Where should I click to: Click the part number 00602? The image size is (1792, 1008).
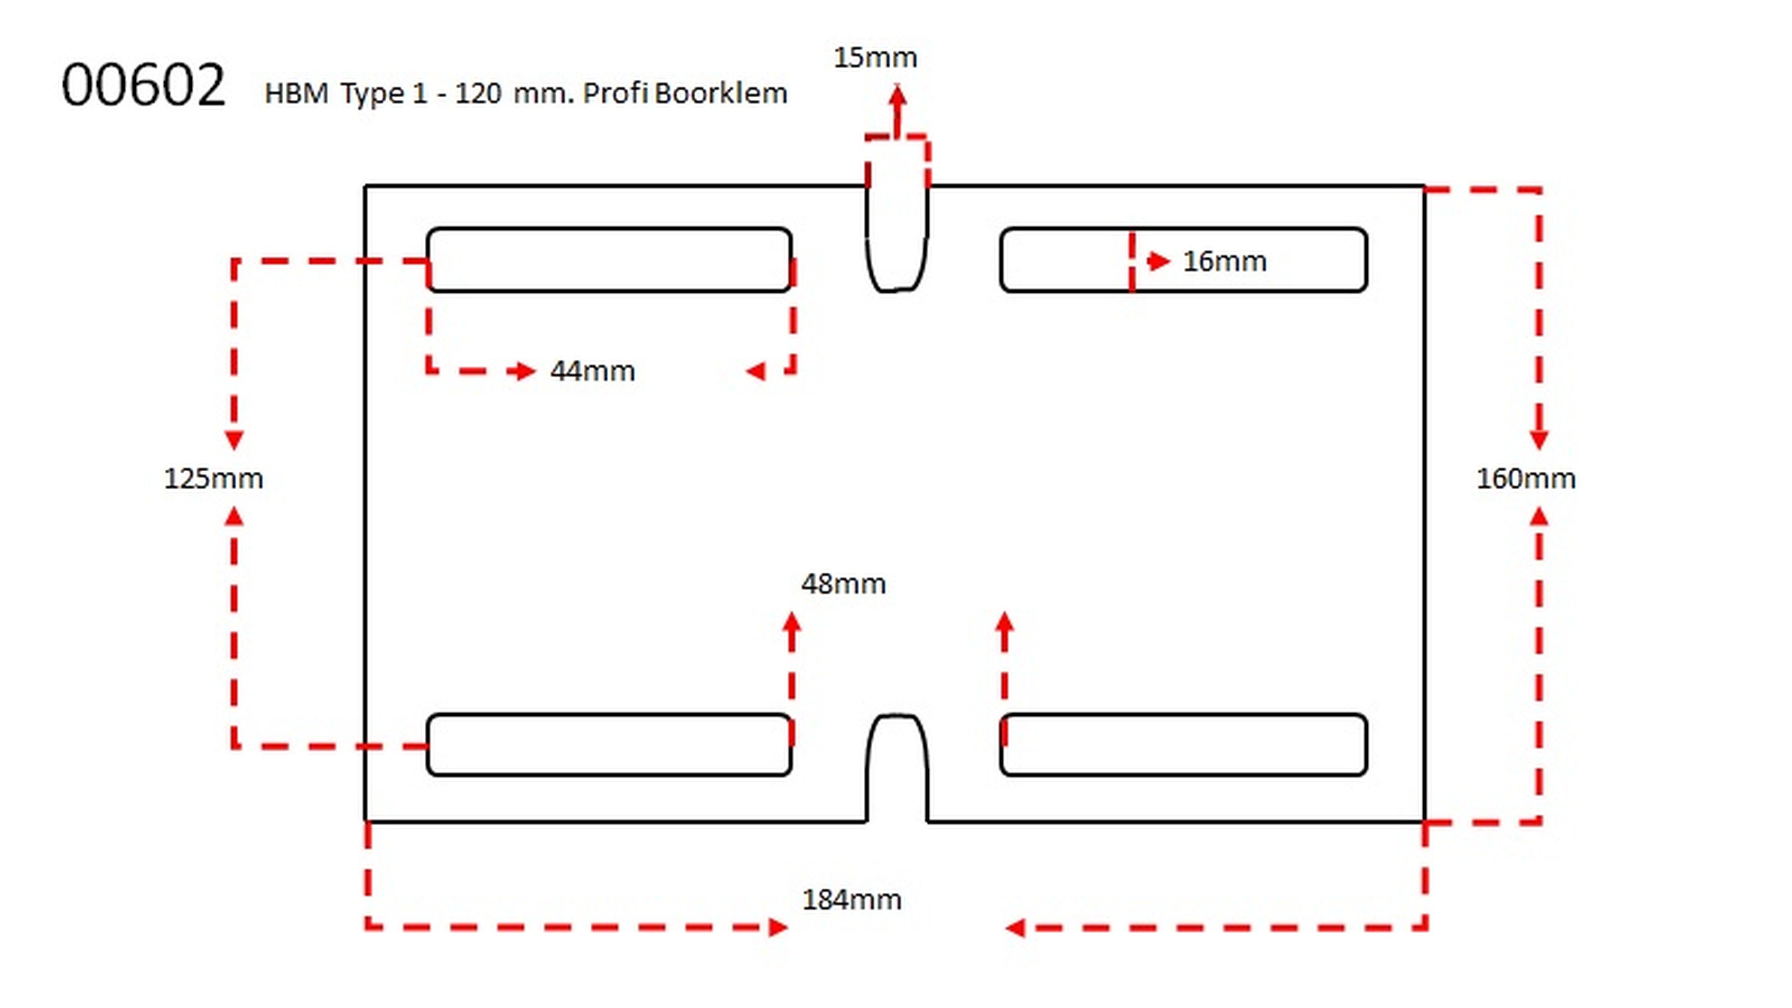click(143, 85)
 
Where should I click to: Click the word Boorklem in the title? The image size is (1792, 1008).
click(721, 93)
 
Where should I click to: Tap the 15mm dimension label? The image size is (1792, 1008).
click(875, 58)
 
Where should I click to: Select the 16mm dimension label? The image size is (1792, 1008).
click(1225, 261)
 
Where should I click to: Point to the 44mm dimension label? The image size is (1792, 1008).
click(592, 371)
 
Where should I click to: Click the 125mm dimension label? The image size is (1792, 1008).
click(213, 479)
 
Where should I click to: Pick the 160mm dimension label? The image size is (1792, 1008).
click(1526, 479)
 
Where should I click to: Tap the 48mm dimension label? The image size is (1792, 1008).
click(843, 584)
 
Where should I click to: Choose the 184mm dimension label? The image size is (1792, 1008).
click(852, 899)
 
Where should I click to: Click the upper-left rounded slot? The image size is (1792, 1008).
click(609, 259)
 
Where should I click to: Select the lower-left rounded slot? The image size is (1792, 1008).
click(609, 744)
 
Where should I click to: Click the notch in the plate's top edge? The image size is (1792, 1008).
click(896, 237)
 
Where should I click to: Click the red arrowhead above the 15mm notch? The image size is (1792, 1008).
click(897, 95)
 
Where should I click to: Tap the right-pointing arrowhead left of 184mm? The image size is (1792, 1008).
click(778, 927)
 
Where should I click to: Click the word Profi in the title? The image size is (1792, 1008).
click(615, 93)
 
